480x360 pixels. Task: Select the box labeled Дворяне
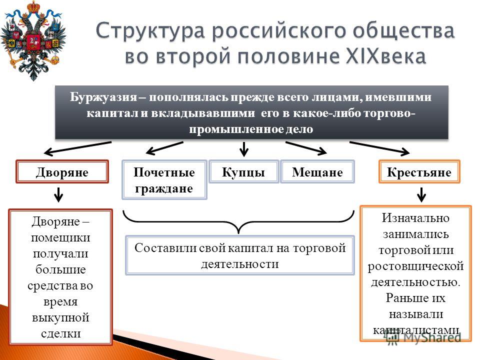62,172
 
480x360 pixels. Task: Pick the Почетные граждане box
164,180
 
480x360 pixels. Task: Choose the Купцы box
243,171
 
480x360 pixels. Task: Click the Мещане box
317,171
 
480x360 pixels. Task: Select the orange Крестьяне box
419,171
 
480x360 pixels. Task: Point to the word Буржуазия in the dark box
103,97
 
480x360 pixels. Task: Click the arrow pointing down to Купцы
244,149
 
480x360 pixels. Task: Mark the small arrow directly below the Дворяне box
58,194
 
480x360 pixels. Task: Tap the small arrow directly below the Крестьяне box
421,194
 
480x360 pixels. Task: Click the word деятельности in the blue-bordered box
240,264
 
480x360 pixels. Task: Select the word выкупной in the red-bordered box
60,317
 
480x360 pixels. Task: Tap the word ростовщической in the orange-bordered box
415,266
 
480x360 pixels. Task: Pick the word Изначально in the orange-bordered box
415,218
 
